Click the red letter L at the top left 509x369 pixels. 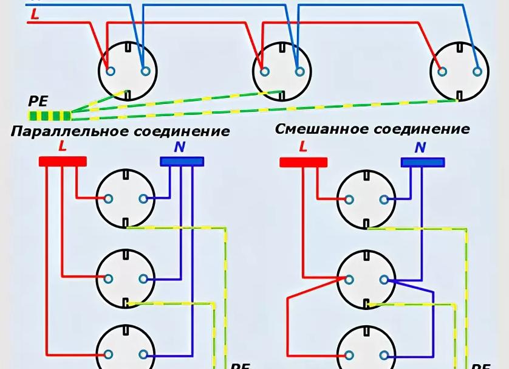(x=35, y=15)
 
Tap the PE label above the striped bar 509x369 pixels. (x=38, y=101)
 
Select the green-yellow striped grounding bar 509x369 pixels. (x=49, y=115)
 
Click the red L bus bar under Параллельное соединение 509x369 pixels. (x=63, y=161)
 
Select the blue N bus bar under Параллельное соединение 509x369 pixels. (x=182, y=161)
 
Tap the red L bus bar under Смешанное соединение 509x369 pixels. (x=303, y=162)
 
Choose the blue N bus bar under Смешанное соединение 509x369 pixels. (x=423, y=162)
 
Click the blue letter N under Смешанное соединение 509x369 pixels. (x=420, y=147)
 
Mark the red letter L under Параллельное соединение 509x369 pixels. (x=63, y=146)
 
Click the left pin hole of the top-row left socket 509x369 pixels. (x=110, y=71)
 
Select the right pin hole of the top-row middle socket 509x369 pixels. (x=298, y=71)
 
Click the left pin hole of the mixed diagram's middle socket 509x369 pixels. (x=350, y=280)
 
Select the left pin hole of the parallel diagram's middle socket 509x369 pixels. (x=109, y=279)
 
